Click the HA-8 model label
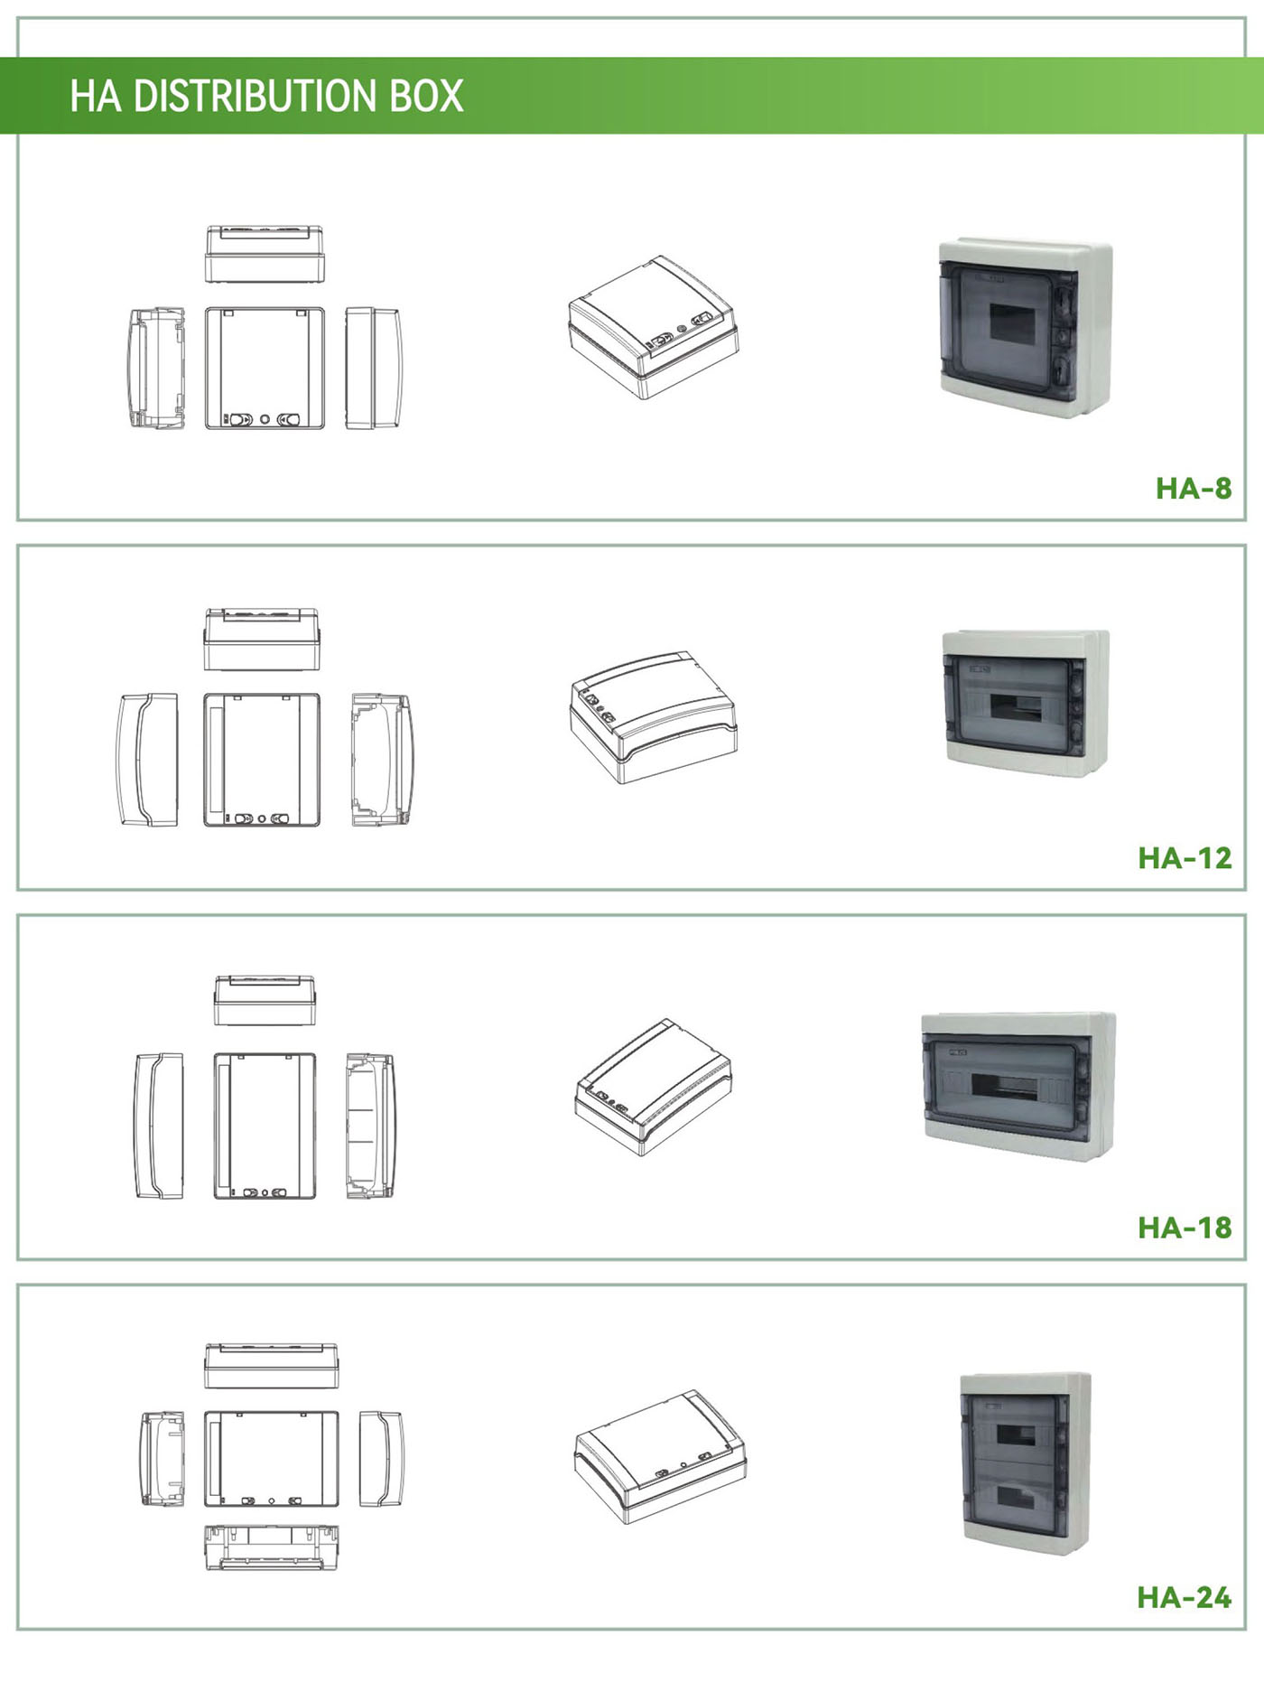pos(1194,489)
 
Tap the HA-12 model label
pos(1185,857)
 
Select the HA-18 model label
pos(1185,1228)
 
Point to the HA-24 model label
pos(1185,1597)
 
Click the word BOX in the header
pos(426,96)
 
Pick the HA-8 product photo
pos(1026,328)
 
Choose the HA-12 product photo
pos(1027,703)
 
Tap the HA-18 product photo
pos(1018,1086)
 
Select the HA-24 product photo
pos(1025,1462)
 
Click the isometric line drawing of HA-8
pos(654,327)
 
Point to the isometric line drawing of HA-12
pos(654,717)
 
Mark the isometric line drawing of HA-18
pos(654,1087)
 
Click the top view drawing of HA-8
pos(265,255)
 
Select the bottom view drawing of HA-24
pos(272,1547)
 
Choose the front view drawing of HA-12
pos(262,760)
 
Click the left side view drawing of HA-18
pos(159,1126)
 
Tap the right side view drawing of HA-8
pos(373,369)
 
